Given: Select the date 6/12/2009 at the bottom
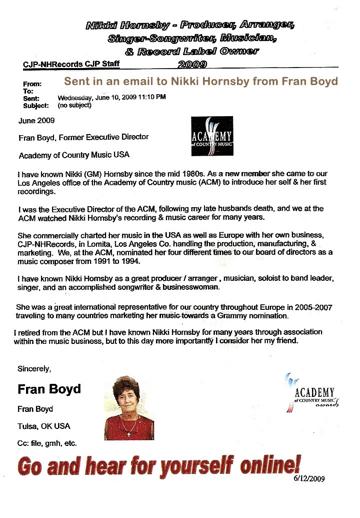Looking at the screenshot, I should [309, 478].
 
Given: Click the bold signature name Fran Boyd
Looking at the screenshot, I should [49, 389].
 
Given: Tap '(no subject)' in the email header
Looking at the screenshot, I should [74, 105].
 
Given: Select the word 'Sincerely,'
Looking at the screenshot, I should [34, 369].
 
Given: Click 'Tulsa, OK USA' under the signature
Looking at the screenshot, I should [44, 426].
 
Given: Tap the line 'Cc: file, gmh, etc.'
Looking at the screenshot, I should [47, 443].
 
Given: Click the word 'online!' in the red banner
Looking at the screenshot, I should [270, 466].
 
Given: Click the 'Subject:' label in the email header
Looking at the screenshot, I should [35, 106].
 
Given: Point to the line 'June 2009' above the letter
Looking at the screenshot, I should [36, 121].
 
